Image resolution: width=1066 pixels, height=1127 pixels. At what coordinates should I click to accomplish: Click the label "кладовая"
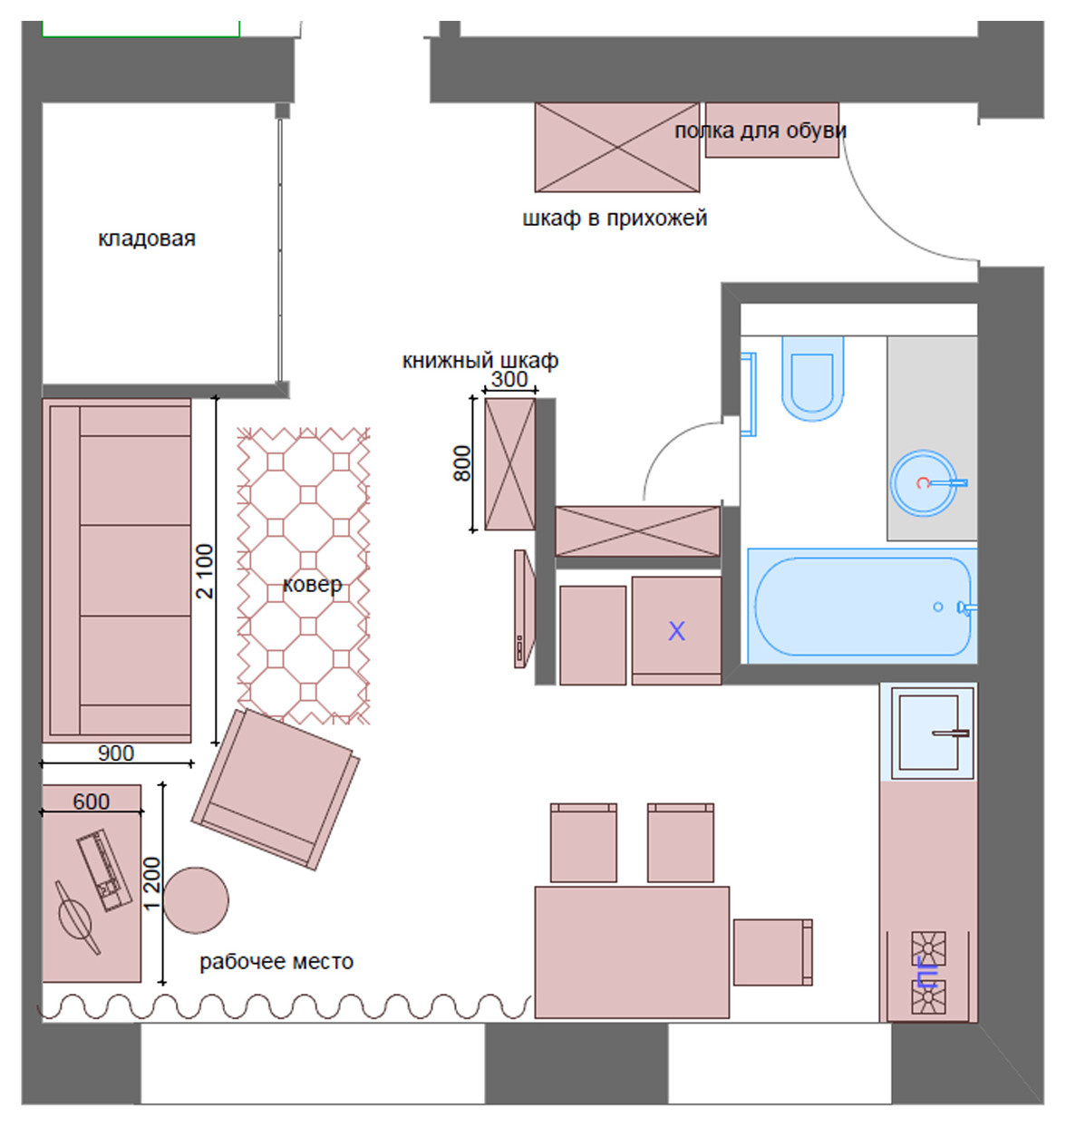[147, 238]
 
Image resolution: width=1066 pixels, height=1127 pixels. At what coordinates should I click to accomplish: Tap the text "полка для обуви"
[760, 131]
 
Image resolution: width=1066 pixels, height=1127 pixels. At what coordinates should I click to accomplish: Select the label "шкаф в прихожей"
[615, 219]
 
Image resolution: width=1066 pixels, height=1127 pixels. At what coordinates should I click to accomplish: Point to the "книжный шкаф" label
[480, 361]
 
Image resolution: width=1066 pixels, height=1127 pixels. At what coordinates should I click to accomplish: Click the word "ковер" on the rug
[313, 585]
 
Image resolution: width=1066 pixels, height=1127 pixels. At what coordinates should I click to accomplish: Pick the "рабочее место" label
[276, 961]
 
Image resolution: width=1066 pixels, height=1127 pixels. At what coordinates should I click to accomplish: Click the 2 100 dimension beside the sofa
[205, 571]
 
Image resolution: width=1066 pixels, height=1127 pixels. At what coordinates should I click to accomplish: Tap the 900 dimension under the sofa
[116, 753]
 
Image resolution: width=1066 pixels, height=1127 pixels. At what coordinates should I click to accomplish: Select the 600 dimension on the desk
[92, 801]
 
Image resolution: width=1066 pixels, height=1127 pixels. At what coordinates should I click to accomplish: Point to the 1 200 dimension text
[152, 883]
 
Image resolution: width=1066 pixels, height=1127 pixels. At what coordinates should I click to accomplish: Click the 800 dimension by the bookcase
[462, 463]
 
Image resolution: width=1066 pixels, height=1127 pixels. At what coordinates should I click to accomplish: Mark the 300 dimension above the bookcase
[509, 379]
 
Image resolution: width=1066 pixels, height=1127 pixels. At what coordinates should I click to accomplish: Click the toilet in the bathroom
[812, 378]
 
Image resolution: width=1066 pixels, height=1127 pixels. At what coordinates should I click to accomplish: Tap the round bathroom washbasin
[924, 482]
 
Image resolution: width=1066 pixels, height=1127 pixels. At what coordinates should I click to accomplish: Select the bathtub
[862, 606]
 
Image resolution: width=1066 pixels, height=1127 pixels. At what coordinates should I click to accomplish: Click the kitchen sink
[928, 732]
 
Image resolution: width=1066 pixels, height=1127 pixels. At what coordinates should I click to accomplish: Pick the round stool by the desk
[196, 900]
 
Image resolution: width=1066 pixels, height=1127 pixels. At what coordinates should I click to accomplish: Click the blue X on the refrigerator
[676, 631]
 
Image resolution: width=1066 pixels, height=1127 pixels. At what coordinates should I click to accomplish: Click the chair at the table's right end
[772, 952]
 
